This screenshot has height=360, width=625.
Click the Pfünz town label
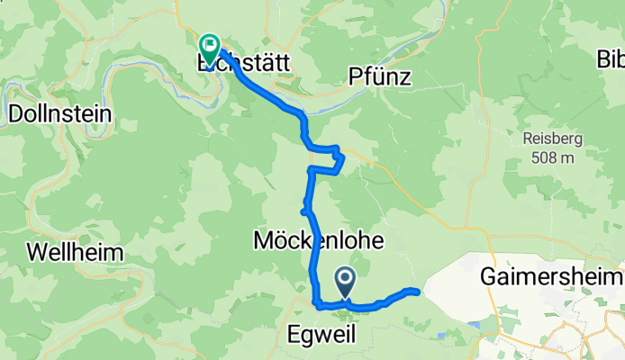coord(380,77)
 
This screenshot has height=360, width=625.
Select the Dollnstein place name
coord(59,114)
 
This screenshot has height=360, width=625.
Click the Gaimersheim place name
coord(551,274)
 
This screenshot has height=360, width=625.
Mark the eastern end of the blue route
coord(416,291)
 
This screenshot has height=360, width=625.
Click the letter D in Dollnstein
coord(14,114)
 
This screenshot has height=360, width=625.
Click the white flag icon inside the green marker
coord(210,42)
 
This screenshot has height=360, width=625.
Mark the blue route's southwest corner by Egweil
coord(317,303)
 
